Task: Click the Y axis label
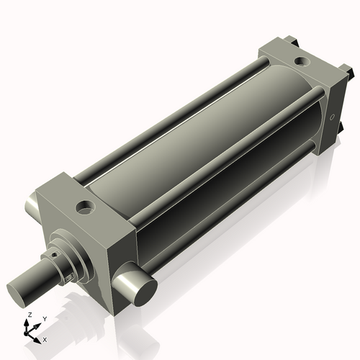coord(44,318)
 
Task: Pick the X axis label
coord(45,338)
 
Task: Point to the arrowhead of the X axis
coord(39,337)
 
